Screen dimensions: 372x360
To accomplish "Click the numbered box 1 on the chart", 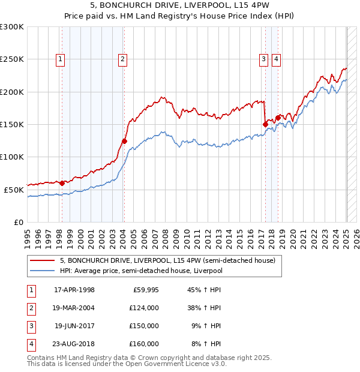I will pyautogui.click(x=61, y=59).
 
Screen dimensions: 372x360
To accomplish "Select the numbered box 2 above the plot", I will pyautogui.click(x=122, y=59).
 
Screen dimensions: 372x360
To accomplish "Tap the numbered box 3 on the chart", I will pyautogui.click(x=263, y=59).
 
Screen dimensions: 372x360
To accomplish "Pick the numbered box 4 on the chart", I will pyautogui.click(x=276, y=59).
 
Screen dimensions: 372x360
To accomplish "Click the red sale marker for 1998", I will pyautogui.click(x=62, y=183).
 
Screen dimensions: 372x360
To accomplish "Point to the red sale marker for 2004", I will pyautogui.click(x=124, y=142).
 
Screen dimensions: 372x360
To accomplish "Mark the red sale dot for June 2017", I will pyautogui.click(x=265, y=124).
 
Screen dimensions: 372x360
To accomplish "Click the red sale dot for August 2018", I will pyautogui.click(x=278, y=118).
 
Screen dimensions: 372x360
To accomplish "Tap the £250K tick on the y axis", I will pyautogui.click(x=12, y=59).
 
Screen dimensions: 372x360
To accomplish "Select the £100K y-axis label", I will pyautogui.click(x=12, y=157).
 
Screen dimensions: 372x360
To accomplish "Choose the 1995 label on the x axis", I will pyautogui.click(x=28, y=236).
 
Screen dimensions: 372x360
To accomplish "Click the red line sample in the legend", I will pyautogui.click(x=42, y=261).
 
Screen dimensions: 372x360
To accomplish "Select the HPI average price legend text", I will pyautogui.click(x=141, y=271).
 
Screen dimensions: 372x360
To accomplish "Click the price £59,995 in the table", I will pyautogui.click(x=145, y=290).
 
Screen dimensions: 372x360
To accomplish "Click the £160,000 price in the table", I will pyautogui.click(x=145, y=344).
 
